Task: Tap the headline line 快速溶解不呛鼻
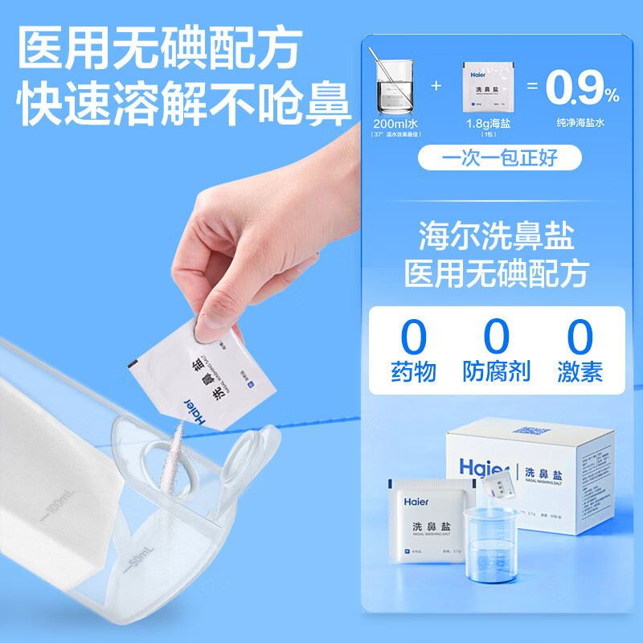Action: pos(185,104)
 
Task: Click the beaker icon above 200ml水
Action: pos(395,84)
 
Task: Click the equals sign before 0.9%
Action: pos(531,86)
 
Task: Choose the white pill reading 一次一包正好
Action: pos(499,157)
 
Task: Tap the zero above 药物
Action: pos(414,337)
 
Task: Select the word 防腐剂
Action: pos(497,371)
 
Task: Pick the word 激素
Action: pos(580,371)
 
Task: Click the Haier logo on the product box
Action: pos(485,468)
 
